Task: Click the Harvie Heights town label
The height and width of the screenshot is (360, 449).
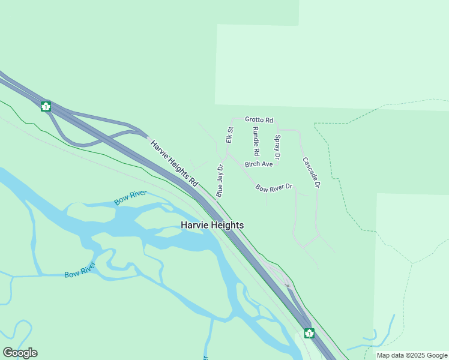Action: click(x=212, y=225)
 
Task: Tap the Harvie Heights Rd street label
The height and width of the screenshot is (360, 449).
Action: click(x=174, y=162)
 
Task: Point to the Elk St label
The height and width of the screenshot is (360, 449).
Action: click(x=229, y=135)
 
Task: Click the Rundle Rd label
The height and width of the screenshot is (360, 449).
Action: click(x=256, y=141)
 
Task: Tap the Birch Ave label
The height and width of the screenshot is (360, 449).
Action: click(x=259, y=164)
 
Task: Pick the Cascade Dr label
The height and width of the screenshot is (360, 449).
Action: click(x=311, y=173)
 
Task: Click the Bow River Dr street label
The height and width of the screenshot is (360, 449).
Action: click(x=274, y=188)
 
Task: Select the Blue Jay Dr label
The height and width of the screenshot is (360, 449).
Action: click(x=220, y=181)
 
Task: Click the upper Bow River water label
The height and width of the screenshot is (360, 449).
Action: click(x=131, y=198)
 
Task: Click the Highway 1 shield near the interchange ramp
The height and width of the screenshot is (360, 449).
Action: click(x=46, y=107)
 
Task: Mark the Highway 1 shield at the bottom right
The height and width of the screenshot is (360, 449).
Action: click(x=309, y=333)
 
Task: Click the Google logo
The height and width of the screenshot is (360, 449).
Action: click(x=20, y=353)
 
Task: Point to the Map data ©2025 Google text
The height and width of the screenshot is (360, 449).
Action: click(x=412, y=355)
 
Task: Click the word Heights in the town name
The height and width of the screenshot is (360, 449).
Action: click(x=228, y=225)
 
